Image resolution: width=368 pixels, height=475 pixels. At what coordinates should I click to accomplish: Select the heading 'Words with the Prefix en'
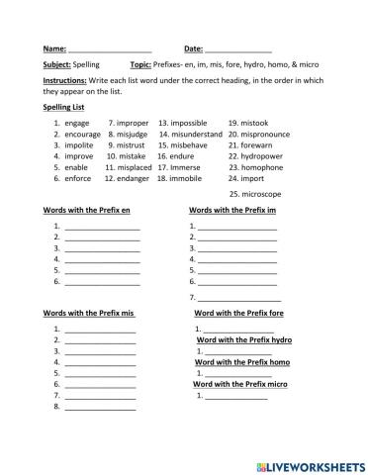click(87, 210)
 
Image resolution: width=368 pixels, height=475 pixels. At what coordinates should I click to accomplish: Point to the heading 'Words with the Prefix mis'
click(89, 313)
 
